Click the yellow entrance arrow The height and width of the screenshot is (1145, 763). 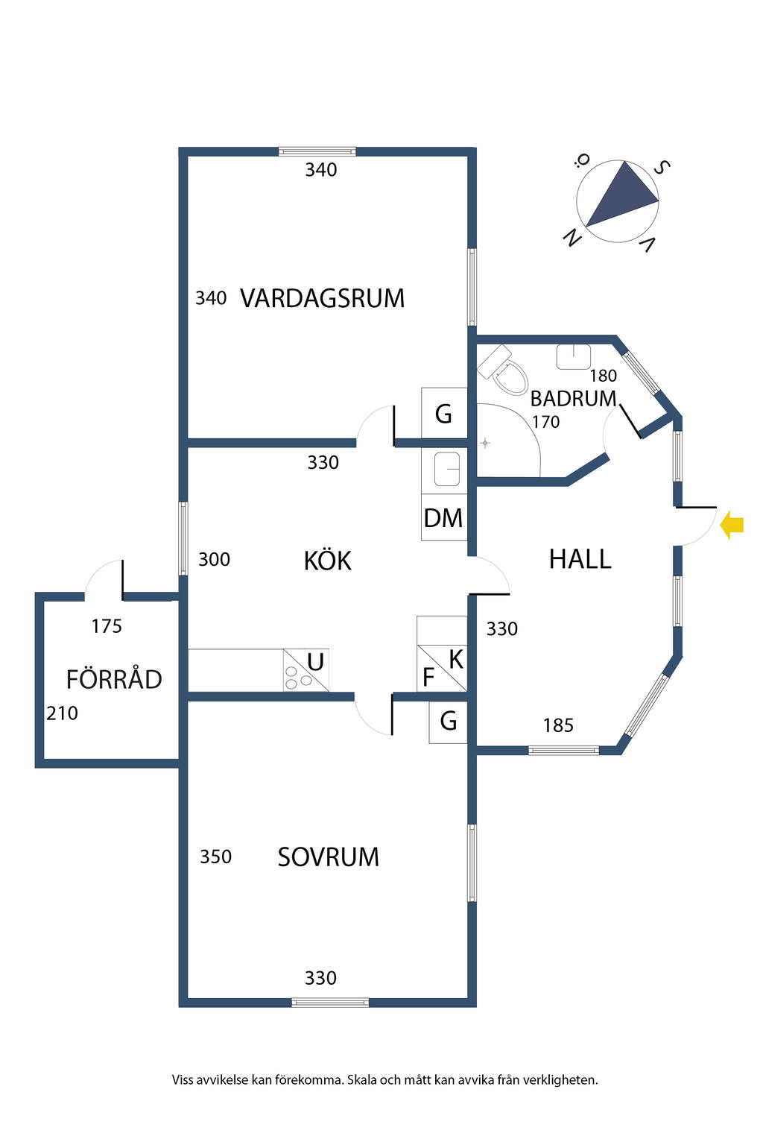(732, 526)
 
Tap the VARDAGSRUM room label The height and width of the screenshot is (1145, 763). (322, 299)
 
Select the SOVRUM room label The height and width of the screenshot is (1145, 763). (328, 857)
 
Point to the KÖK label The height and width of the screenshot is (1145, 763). (327, 561)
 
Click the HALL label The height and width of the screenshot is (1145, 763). (580, 559)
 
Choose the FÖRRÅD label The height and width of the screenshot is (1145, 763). (114, 680)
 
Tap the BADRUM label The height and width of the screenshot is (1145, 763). (573, 399)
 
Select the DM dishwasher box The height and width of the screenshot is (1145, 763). (443, 518)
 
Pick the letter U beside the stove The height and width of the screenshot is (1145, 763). (315, 662)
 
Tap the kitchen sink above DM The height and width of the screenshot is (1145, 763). (446, 470)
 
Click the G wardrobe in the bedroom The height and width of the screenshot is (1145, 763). (448, 722)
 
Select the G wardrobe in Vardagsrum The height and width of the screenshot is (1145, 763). (443, 414)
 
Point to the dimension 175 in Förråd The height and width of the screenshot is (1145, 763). (107, 627)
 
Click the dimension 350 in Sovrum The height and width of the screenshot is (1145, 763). (215, 857)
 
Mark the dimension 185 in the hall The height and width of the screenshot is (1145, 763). (558, 725)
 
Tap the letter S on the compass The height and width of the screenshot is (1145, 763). (660, 168)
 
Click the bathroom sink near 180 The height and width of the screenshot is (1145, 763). (573, 356)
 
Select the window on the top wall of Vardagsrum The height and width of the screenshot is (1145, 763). (317, 151)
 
